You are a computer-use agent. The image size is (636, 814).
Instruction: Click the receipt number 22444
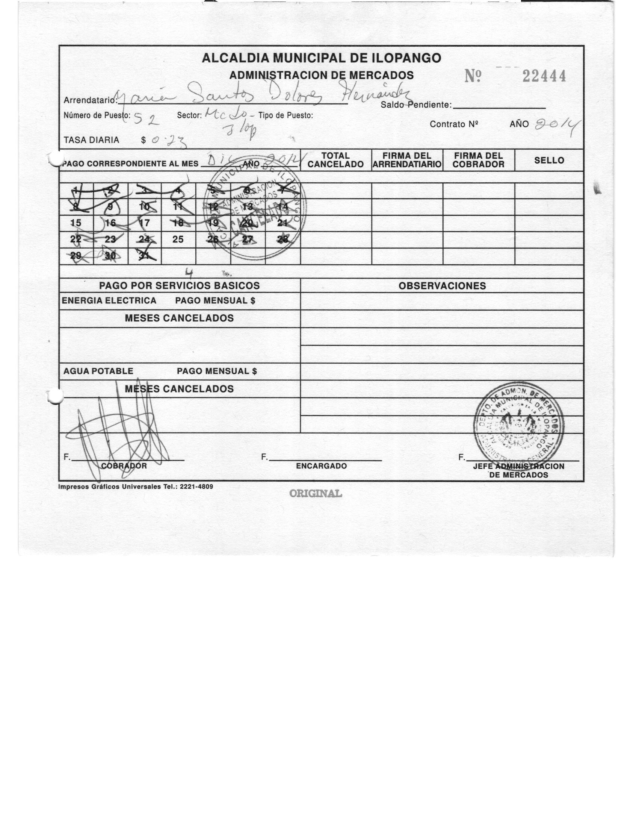pos(544,76)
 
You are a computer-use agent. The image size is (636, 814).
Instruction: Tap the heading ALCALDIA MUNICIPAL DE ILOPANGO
pos(322,58)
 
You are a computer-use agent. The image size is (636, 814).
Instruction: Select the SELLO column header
pos(549,161)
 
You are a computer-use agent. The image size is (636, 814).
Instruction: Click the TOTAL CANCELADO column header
pos(335,160)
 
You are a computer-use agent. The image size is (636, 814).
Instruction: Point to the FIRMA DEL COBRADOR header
pos(478,160)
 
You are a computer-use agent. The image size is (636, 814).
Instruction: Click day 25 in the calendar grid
pos(178,240)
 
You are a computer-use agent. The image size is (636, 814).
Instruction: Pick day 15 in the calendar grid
pos(76,223)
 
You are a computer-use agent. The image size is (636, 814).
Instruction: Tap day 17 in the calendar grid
pos(144,223)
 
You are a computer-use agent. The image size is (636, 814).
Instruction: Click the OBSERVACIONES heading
pos(442,286)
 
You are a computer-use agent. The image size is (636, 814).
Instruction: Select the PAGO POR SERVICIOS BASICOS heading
pos(179,286)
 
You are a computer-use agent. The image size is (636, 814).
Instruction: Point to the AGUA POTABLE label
pos(98,371)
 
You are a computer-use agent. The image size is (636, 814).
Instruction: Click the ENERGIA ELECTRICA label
pos(109,301)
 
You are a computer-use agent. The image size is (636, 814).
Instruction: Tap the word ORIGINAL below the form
pos(316,493)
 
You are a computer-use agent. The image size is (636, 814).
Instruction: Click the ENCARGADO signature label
pos(321,466)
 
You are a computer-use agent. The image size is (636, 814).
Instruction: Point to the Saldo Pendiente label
pos(416,105)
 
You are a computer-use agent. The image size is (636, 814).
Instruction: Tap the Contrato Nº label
pos(454,124)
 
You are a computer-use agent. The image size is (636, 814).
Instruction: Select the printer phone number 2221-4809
pos(196,487)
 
